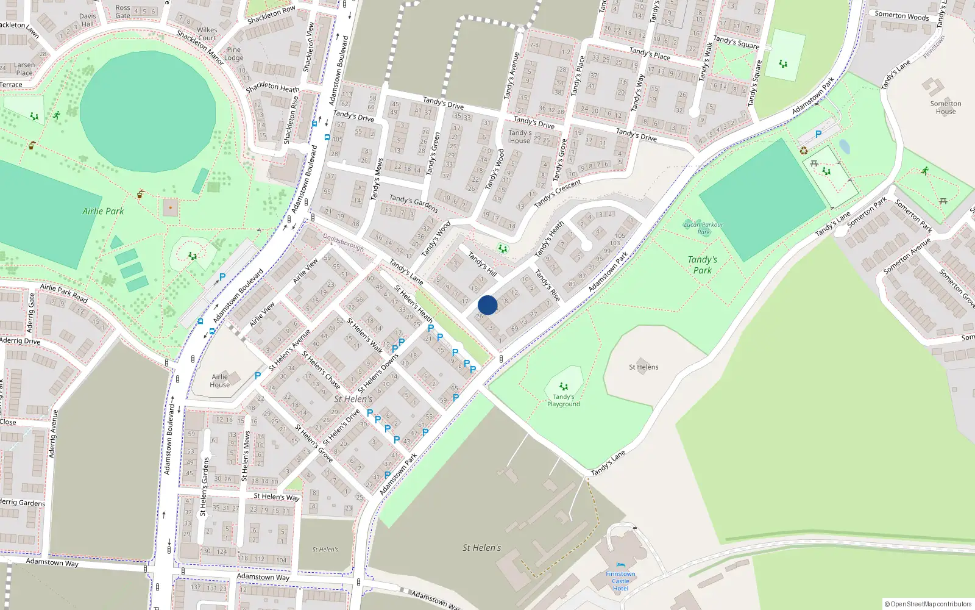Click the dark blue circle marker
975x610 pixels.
487,305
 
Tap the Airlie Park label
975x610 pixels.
103,211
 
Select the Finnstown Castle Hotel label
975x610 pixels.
620,581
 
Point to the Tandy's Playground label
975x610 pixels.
563,400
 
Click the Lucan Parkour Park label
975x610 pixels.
703,228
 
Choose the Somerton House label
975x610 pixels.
945,107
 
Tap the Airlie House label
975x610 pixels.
219,381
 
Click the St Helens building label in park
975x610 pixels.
643,367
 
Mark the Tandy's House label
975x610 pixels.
520,137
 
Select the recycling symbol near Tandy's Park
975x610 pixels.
804,151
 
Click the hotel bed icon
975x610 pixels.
620,565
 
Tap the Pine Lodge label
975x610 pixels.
233,54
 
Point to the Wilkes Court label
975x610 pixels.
207,34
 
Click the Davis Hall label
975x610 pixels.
88,20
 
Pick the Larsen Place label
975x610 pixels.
24,69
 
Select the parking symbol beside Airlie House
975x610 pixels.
258,376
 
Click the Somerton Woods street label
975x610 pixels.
901,16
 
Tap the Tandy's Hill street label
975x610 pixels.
482,264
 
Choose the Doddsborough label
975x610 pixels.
343,242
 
